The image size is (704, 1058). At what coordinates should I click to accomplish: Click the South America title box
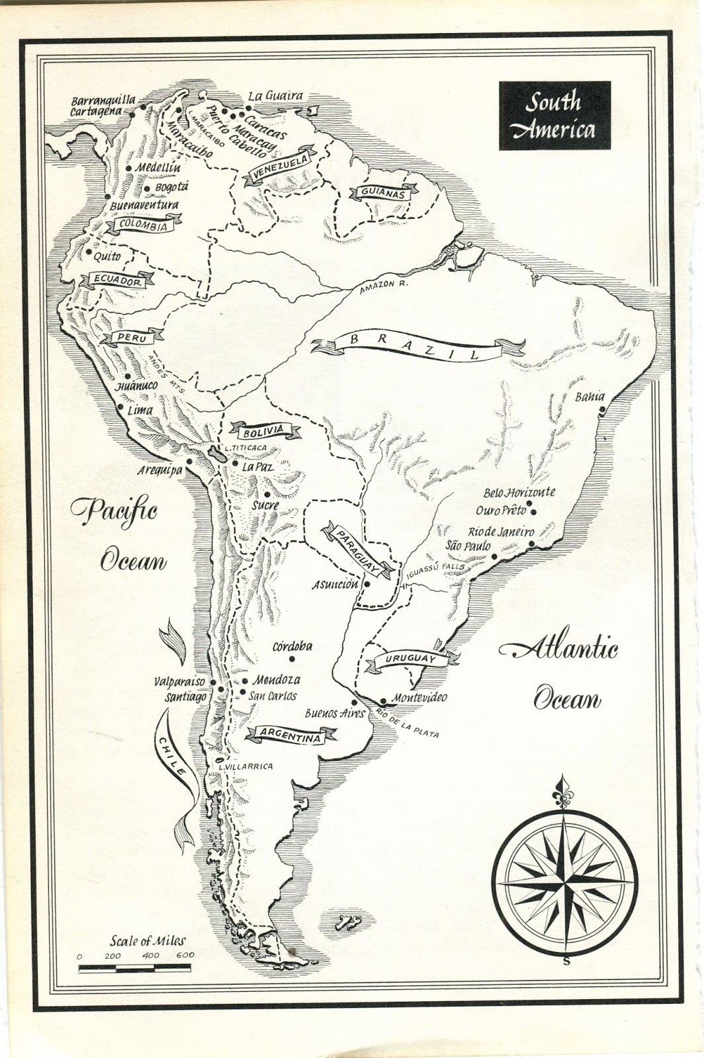554,116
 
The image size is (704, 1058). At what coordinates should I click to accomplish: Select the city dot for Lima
120,409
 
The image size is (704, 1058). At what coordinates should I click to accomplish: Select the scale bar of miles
136,969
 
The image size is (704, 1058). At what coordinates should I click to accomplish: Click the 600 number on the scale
185,956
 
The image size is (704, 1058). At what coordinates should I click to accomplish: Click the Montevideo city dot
383,702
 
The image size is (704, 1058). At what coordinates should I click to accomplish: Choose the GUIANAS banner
382,194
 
